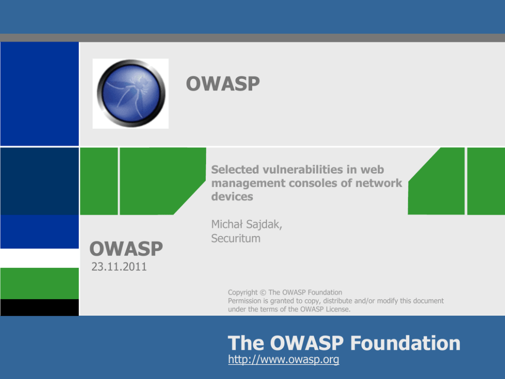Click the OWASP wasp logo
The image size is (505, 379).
131,93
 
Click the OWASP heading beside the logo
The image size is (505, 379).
223,84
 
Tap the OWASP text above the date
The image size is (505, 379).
126,249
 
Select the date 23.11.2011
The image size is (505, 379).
119,267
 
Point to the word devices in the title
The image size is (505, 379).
232,196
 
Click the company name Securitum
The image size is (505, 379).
236,238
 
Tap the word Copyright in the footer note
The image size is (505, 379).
243,292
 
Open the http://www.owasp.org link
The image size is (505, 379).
284,359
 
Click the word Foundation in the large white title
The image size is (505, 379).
405,343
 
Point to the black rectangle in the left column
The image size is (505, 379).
40,307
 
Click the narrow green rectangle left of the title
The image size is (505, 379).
99,181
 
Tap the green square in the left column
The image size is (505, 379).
40,283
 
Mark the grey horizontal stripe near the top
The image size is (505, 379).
252,38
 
